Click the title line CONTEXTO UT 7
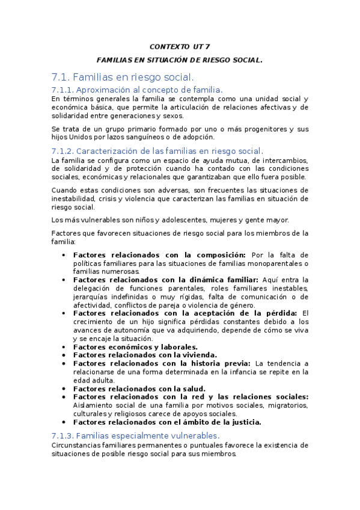(x=180, y=46)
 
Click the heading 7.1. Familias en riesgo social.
(x=123, y=77)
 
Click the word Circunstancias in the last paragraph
(x=78, y=445)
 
